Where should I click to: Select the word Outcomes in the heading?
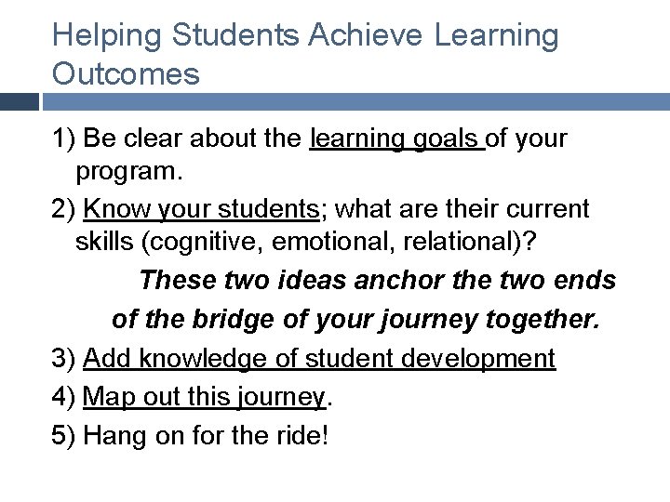(126, 73)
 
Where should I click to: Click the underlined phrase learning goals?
(397, 139)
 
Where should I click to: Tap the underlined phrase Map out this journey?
(204, 397)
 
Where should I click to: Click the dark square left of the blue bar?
(19, 101)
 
